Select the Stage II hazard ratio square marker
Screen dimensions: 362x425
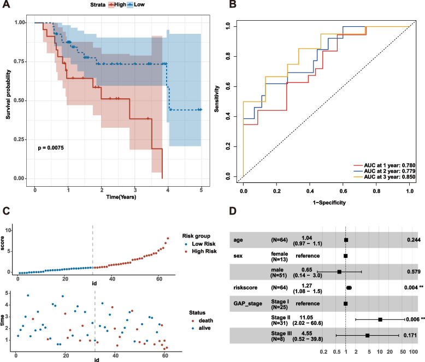(x=380, y=319)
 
